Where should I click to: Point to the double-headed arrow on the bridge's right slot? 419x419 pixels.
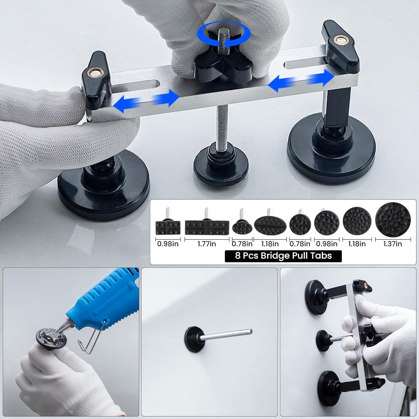[x=301, y=81]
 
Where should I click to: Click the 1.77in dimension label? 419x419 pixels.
[x=206, y=244]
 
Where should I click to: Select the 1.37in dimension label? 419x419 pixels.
[x=393, y=244]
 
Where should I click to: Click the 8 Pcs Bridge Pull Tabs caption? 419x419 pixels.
[x=283, y=256]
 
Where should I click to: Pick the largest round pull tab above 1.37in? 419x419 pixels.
[x=393, y=220]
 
